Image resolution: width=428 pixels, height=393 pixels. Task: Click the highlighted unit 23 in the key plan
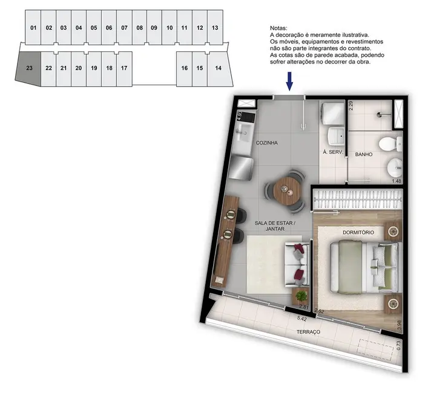tap(28, 68)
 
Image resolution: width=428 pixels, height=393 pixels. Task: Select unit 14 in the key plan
tap(218, 68)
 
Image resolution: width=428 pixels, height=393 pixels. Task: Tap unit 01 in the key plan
tap(33, 28)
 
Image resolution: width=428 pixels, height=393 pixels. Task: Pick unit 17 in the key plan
tap(124, 68)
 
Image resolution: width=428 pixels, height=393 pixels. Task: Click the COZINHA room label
tap(266, 143)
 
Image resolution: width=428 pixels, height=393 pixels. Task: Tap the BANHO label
tap(363, 155)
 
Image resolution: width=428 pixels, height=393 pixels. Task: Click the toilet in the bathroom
tap(387, 144)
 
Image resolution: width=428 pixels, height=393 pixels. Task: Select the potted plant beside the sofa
tap(301, 296)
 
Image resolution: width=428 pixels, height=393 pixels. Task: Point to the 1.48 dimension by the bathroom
tap(397, 181)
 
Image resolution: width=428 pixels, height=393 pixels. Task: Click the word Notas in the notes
tap(278, 28)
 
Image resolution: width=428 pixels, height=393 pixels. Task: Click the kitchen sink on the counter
tap(246, 141)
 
